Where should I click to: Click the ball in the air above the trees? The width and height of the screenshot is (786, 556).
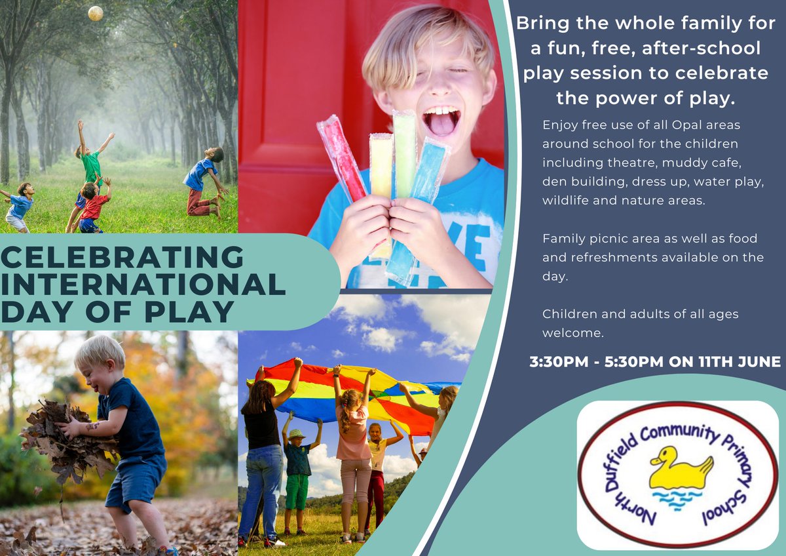tap(96, 12)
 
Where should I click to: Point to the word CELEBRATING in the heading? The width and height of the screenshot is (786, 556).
tap(122, 257)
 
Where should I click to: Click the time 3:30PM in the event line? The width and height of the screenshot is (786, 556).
tap(560, 361)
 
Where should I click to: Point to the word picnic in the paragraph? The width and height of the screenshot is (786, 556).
tap(605, 239)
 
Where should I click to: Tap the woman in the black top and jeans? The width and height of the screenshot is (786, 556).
tap(264, 452)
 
